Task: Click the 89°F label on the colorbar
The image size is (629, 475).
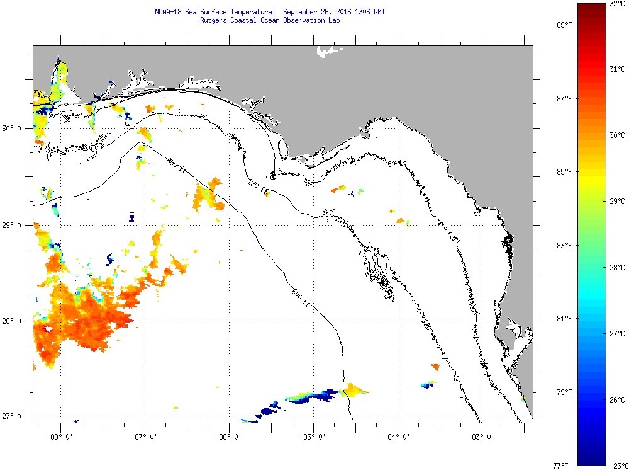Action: (564, 25)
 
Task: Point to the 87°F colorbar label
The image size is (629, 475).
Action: (564, 99)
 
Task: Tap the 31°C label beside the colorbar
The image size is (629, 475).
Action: (616, 69)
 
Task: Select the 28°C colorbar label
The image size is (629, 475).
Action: (616, 268)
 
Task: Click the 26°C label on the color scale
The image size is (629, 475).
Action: (616, 400)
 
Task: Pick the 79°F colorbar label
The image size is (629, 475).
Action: (564, 392)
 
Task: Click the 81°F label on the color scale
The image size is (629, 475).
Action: (564, 319)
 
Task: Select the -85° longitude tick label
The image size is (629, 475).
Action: (313, 435)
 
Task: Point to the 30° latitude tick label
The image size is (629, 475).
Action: (12, 128)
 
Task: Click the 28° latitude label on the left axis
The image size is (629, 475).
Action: (12, 321)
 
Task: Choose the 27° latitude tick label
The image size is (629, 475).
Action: (12, 416)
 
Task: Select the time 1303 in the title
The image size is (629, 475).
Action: (353, 12)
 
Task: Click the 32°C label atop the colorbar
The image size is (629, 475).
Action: (616, 4)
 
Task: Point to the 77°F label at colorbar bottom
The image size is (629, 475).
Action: (561, 466)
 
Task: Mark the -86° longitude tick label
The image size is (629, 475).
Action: (228, 435)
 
